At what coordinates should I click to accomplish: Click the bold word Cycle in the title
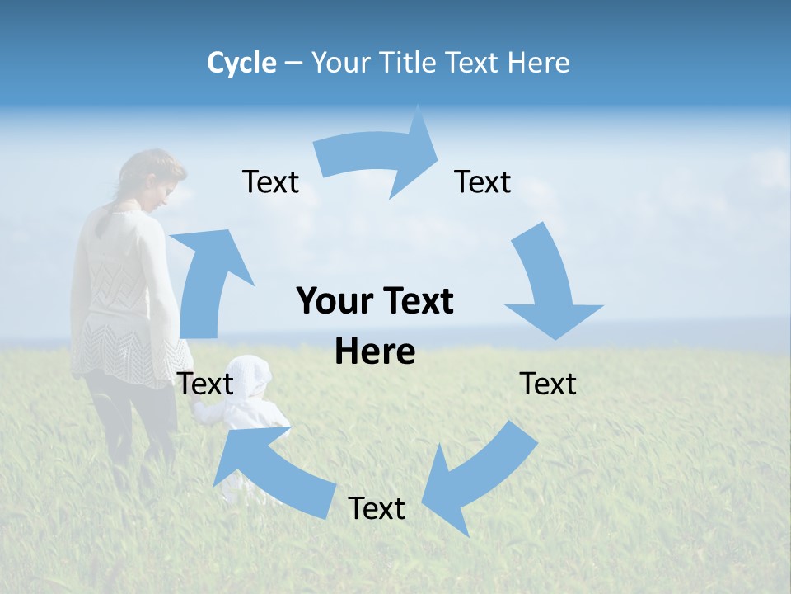[241, 63]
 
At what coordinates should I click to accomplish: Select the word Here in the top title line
[537, 63]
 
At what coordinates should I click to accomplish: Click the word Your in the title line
[340, 63]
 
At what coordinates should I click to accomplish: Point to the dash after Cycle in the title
[293, 63]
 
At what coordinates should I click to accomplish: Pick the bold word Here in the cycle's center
[375, 352]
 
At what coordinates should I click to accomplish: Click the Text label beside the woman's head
[270, 181]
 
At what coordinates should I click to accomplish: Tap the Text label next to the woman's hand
[205, 384]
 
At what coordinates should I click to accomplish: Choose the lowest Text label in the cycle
[377, 508]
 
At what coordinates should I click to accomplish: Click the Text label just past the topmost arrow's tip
[483, 181]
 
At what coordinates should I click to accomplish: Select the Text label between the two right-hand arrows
[548, 384]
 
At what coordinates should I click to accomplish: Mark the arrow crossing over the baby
[272, 470]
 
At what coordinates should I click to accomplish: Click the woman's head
[157, 177]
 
